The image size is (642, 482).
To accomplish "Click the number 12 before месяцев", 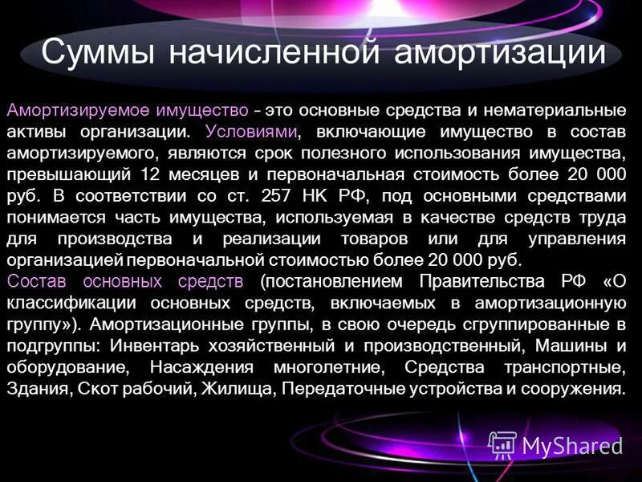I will (x=149, y=173).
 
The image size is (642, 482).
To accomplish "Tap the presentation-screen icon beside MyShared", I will (x=502, y=445).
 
